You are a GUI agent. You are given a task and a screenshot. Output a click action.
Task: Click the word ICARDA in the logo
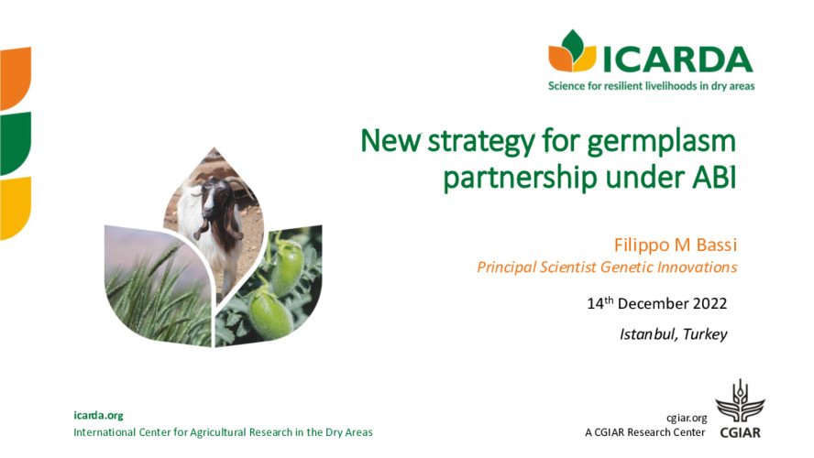point(677,58)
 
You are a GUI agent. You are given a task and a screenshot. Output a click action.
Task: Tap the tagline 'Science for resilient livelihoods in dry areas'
point(651,86)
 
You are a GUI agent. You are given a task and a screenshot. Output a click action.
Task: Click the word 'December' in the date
point(654,303)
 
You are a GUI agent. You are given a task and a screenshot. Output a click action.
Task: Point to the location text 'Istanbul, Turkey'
point(673,333)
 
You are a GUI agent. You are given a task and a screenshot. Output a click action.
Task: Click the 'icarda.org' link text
point(98,416)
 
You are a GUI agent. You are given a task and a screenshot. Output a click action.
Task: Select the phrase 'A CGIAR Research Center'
point(644,432)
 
